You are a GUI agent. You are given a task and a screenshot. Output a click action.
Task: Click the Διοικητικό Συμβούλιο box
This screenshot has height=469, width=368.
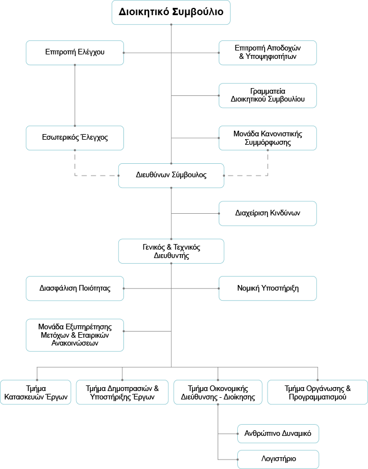[x=171, y=12]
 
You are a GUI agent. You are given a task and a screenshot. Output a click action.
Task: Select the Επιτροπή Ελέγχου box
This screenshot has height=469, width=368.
[x=75, y=53]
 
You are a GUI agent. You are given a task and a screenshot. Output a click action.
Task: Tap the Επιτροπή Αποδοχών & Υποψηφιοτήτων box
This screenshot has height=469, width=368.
[x=268, y=53]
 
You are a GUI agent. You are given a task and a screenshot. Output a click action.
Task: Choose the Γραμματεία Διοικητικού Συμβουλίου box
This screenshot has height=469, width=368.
[x=268, y=95]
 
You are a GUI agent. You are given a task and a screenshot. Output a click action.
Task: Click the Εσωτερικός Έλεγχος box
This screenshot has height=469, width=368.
[x=75, y=138]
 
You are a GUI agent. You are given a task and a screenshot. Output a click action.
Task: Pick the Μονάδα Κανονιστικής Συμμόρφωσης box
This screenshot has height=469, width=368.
[x=268, y=138]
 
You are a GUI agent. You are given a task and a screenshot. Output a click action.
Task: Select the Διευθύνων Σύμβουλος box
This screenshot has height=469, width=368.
[x=171, y=176]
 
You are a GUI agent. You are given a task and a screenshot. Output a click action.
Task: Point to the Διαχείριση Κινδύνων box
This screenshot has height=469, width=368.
[x=268, y=213]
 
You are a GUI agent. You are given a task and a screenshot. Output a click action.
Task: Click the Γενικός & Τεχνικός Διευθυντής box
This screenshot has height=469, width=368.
[x=171, y=251]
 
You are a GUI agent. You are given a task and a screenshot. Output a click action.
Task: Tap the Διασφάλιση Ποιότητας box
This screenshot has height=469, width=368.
[x=75, y=288]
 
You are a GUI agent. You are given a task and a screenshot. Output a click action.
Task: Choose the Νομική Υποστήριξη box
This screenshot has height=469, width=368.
[x=268, y=288]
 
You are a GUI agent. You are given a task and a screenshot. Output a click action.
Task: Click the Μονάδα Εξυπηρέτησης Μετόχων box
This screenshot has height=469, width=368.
[x=75, y=335]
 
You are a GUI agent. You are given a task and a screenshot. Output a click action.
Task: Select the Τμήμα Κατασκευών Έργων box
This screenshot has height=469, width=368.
[x=35, y=392]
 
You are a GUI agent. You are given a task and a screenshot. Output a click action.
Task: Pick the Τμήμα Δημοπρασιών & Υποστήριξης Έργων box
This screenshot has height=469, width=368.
[x=122, y=392]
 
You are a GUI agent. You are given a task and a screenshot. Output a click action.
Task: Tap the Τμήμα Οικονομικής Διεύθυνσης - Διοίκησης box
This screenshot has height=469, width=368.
[x=218, y=392]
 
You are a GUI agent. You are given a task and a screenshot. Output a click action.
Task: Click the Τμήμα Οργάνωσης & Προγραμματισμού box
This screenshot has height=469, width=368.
[x=318, y=392]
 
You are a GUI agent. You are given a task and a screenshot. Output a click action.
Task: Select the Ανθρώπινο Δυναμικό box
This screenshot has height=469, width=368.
[x=278, y=434]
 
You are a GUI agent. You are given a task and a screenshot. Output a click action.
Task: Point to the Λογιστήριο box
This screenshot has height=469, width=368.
[x=278, y=459]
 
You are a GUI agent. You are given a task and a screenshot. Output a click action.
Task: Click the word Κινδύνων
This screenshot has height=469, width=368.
[x=285, y=213]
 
